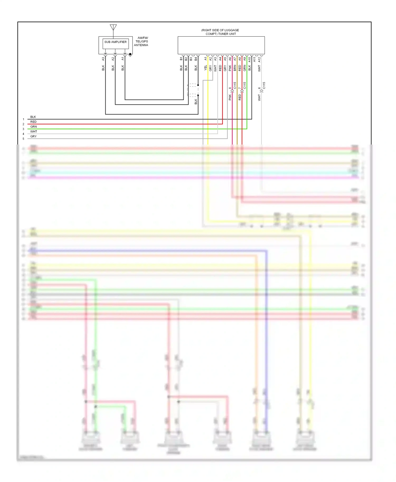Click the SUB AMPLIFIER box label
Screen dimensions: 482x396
(115, 42)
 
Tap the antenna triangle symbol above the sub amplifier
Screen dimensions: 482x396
(113, 27)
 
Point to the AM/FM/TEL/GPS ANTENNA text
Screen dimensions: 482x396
(141, 41)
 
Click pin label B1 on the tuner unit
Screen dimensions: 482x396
(181, 59)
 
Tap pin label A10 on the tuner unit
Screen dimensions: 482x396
(249, 60)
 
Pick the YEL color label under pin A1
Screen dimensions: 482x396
(206, 68)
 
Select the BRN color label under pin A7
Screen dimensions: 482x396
(235, 68)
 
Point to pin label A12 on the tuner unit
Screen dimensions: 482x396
(259, 60)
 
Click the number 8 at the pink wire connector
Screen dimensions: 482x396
(230, 88)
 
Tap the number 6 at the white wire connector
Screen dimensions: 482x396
(259, 88)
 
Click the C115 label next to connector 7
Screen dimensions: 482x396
(244, 85)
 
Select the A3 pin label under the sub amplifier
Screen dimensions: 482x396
(103, 59)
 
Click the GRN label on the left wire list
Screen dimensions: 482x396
(34, 127)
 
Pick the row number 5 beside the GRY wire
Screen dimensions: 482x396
(23, 139)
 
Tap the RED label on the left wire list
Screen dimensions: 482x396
(33, 122)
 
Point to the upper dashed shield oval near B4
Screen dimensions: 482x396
(193, 85)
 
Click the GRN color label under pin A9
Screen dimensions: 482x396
(245, 68)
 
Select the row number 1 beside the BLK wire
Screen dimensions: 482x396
(23, 119)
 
